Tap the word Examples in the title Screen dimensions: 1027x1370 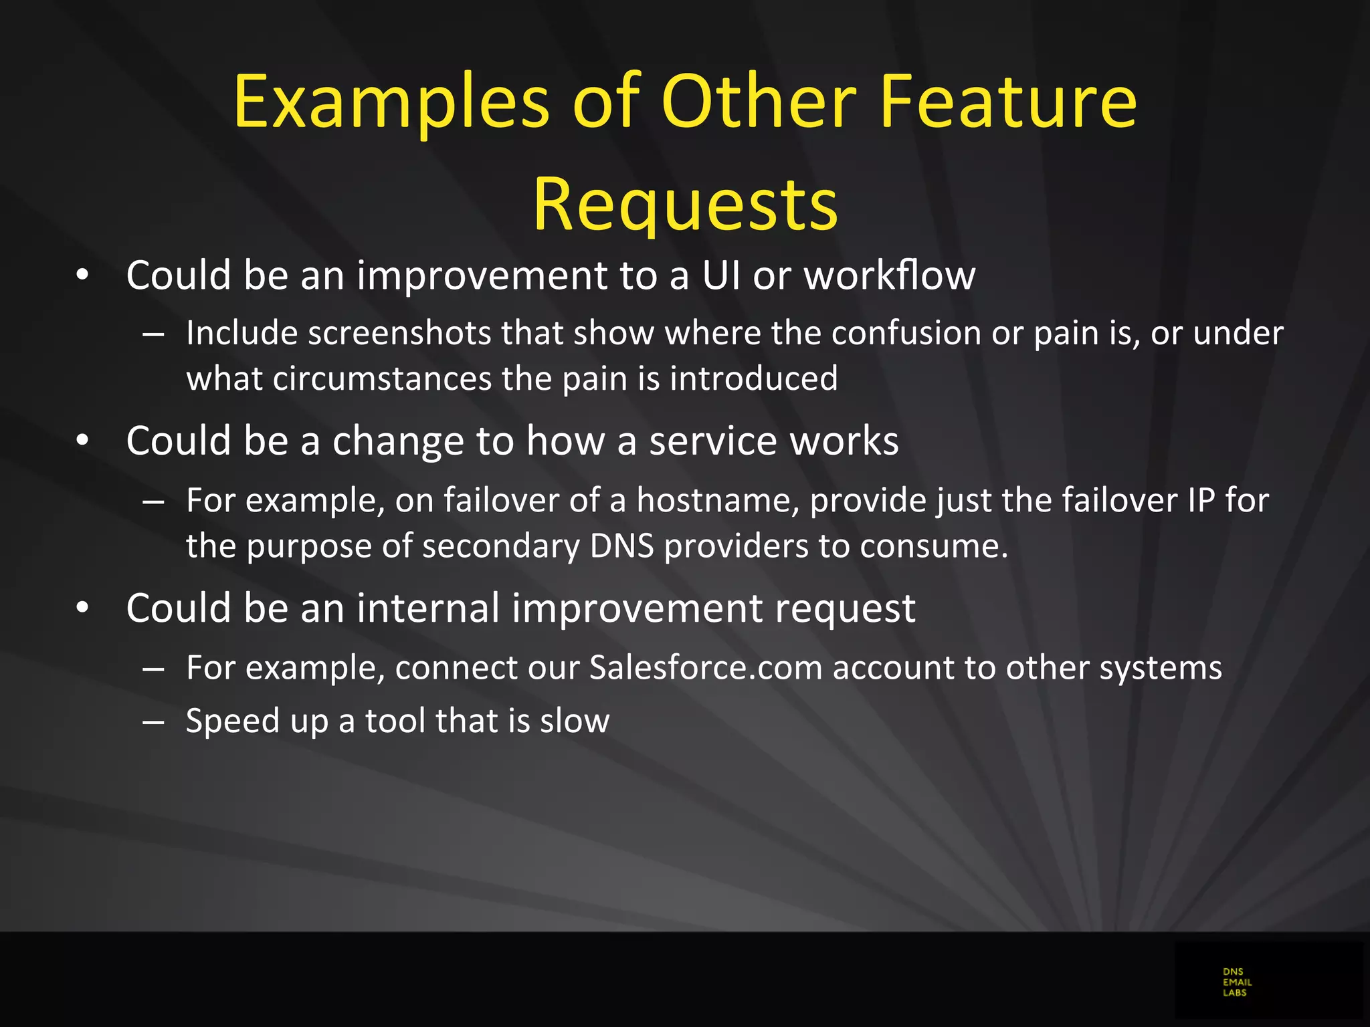point(391,102)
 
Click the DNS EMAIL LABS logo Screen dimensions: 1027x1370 point(1236,982)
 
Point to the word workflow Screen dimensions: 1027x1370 point(889,275)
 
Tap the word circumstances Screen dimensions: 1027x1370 point(382,378)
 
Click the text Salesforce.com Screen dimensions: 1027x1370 point(705,667)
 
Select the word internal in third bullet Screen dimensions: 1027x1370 point(428,608)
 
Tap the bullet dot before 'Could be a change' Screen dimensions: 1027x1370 point(82,441)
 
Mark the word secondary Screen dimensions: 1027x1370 point(501,546)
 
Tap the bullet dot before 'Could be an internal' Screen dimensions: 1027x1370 point(82,608)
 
